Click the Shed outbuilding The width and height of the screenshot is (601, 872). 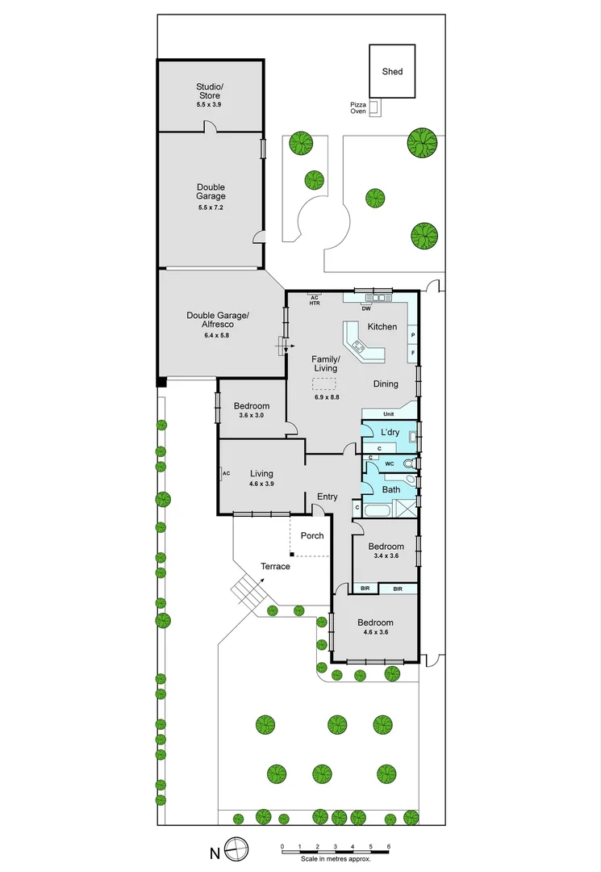click(x=392, y=71)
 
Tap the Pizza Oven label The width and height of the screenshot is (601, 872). click(x=358, y=108)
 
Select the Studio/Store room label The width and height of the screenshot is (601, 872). click(x=208, y=91)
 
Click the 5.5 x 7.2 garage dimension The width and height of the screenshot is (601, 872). click(x=211, y=208)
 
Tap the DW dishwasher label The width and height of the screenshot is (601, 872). click(x=366, y=308)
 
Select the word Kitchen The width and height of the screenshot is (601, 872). click(x=382, y=327)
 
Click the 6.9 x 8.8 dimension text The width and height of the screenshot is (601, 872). click(x=327, y=396)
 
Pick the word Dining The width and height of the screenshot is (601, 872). click(x=386, y=384)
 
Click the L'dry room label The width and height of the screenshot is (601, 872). click(x=390, y=433)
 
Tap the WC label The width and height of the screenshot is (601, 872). click(x=389, y=464)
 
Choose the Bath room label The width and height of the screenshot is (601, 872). click(x=391, y=490)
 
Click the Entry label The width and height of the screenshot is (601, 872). click(x=328, y=497)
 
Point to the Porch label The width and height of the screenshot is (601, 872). click(x=312, y=536)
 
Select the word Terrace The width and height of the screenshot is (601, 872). click(x=275, y=567)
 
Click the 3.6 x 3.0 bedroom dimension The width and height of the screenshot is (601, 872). click(x=252, y=415)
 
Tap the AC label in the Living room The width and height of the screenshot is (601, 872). click(x=226, y=473)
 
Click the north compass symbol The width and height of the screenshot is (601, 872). click(x=236, y=849)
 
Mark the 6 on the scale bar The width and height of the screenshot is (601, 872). click(x=389, y=846)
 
